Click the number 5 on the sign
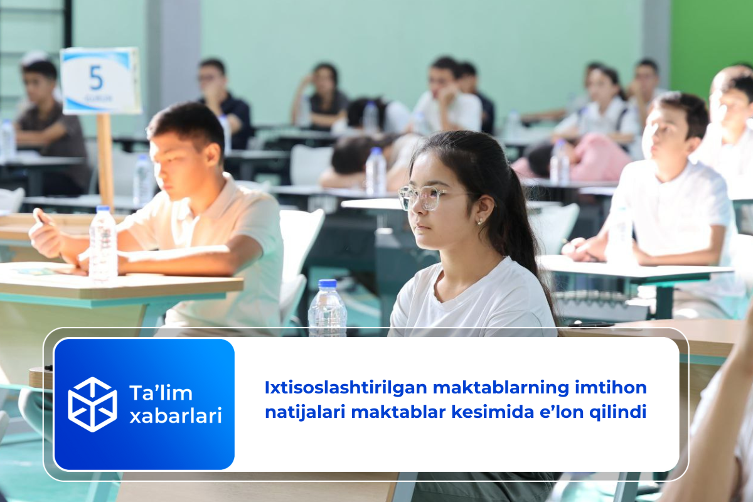pyautogui.click(x=96, y=78)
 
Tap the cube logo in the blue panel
pyautogui.click(x=92, y=404)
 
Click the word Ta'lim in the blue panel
pyautogui.click(x=161, y=393)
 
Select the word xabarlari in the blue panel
pyautogui.click(x=176, y=415)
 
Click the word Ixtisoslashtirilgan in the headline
pyautogui.click(x=346, y=388)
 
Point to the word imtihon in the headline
pyautogui.click(x=611, y=387)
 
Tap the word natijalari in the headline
pyautogui.click(x=305, y=412)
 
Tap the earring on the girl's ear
pyautogui.click(x=479, y=222)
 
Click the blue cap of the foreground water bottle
pyautogui.click(x=328, y=284)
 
